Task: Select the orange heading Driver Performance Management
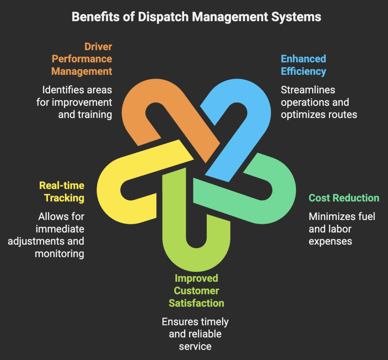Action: pyautogui.click(x=82, y=59)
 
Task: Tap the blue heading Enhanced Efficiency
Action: pyautogui.click(x=303, y=65)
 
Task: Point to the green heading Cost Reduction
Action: pyautogui.click(x=344, y=198)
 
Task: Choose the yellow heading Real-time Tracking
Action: pyautogui.click(x=62, y=192)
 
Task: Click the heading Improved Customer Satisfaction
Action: pyautogui.click(x=196, y=291)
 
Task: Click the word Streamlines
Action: pyautogui.click(x=308, y=90)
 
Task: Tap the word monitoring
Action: pyautogui.click(x=59, y=253)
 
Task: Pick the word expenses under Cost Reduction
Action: pyautogui.click(x=330, y=241)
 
